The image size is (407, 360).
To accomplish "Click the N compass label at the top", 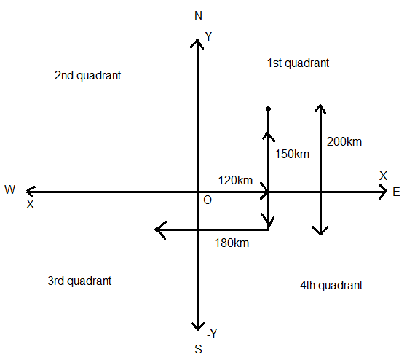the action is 198,15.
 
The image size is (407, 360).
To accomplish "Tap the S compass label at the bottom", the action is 198,349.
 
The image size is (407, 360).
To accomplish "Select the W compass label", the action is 10,189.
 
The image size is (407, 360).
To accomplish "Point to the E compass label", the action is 396,192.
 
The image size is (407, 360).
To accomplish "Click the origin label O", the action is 208,200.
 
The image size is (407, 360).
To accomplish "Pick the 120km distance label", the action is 235,180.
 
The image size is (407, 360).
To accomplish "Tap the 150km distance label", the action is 292,154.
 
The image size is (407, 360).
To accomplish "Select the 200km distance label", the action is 344,142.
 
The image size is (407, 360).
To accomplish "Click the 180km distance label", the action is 232,243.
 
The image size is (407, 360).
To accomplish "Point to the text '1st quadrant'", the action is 298,63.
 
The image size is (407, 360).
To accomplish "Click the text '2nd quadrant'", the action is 87,76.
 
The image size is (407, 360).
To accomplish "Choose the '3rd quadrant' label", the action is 79,281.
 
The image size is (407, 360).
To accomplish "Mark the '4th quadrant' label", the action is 331,286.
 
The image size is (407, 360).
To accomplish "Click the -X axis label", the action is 28,205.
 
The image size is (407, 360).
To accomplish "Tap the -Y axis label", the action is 212,334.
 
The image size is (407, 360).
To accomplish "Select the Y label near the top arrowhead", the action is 209,36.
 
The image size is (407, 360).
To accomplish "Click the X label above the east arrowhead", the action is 383,176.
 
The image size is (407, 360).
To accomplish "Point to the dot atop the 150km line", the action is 269,109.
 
